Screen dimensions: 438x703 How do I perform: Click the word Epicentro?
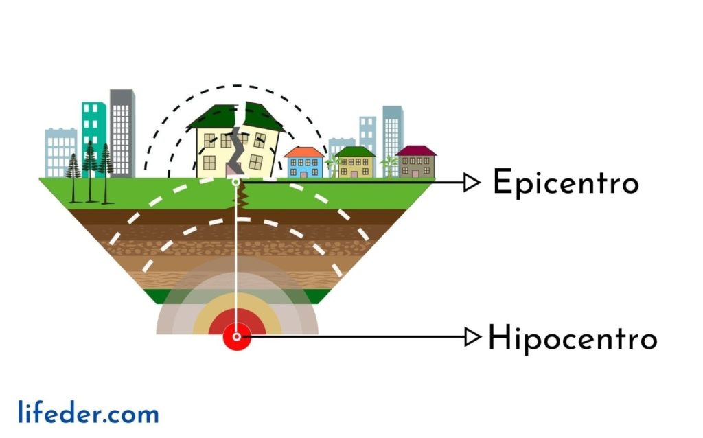tap(566, 183)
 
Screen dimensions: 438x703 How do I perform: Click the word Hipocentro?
tap(572, 338)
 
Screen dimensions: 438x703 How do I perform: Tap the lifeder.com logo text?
tap(89, 413)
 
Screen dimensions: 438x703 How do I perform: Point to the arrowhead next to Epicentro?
tap(471, 183)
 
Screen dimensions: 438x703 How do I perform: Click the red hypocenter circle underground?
tap(237, 336)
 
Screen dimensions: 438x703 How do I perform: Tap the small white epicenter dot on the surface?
tap(235, 182)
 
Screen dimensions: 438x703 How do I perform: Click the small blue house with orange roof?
tap(304, 163)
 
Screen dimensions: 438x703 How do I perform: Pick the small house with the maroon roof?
tap(416, 162)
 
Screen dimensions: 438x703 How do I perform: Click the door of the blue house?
tap(303, 174)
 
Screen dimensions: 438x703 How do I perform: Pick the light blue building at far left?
tap(60, 152)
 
